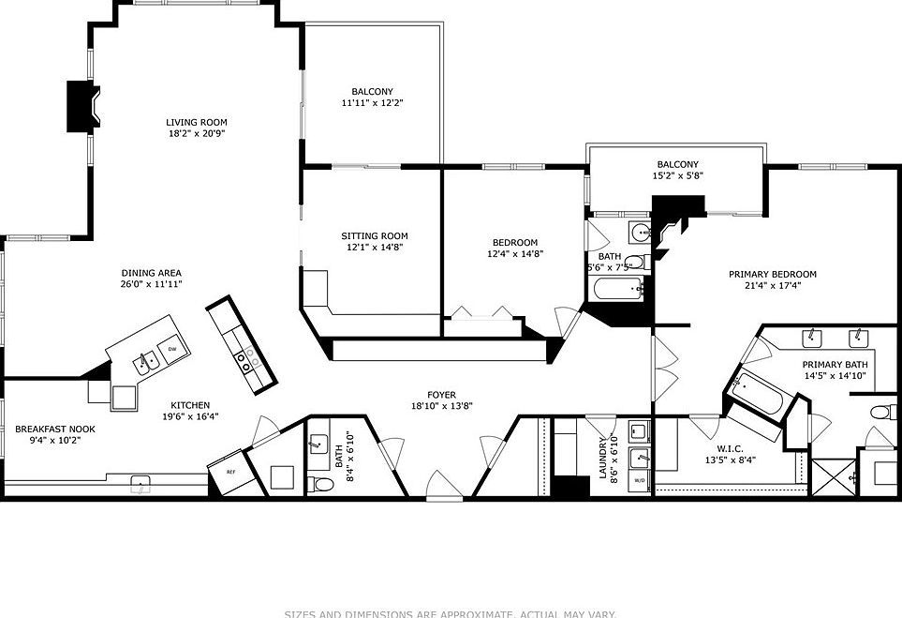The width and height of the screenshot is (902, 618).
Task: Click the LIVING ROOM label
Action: pos(196,122)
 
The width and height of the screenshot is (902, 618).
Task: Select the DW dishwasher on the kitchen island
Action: pos(172,350)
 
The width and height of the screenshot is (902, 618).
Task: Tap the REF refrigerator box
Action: pos(229,472)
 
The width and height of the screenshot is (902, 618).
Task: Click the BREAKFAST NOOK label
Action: pos(54,429)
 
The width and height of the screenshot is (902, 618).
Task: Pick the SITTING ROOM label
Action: pos(374,236)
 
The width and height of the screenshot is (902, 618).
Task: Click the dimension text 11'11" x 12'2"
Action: pos(372,103)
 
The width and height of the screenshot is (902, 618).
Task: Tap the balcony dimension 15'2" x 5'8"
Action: pos(677,175)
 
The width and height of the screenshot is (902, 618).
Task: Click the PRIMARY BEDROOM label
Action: pos(772,275)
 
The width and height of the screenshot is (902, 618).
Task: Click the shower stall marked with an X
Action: pos(831,476)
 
